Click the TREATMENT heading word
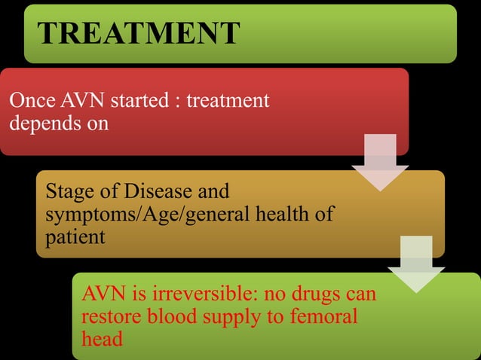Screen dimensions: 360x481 coord(138,32)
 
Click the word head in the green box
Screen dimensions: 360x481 coord(100,340)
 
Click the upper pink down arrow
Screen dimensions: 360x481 coord(379,161)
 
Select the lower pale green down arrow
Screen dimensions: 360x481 coord(415,263)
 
